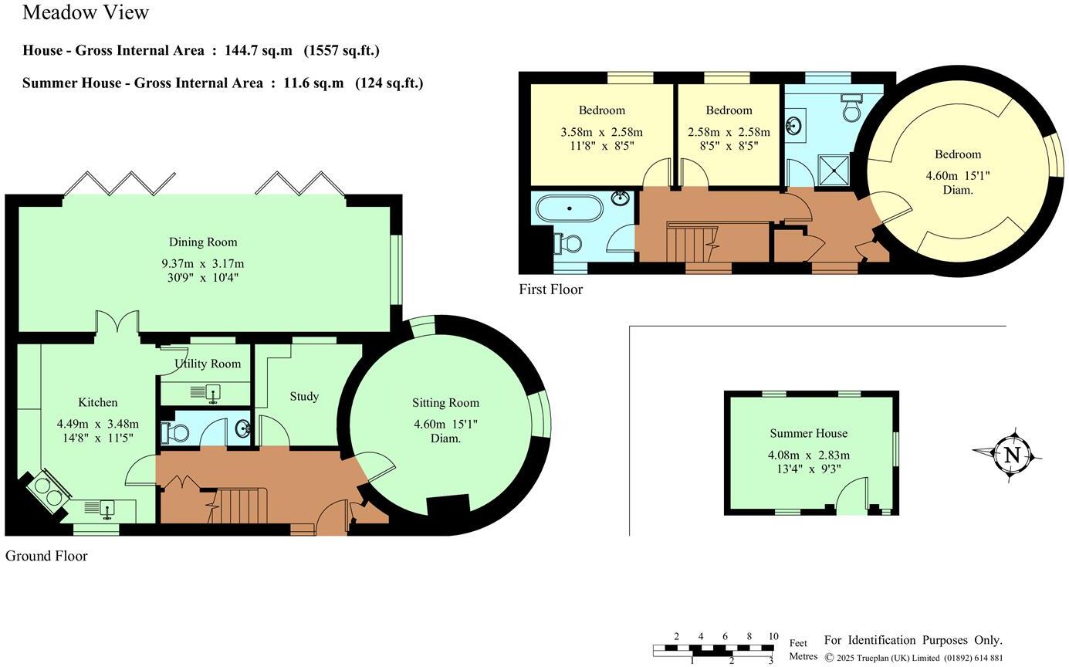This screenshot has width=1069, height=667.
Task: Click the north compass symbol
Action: coord(1012,455)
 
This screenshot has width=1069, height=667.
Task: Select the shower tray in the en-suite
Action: coord(833,169)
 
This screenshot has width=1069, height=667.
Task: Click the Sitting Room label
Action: coord(445,402)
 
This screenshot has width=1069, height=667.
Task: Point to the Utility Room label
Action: coord(207,364)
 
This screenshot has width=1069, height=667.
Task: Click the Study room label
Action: coord(304,396)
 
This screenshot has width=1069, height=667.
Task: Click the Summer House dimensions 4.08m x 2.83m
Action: coord(808,455)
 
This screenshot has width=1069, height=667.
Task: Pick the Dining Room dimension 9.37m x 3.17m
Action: coord(202,264)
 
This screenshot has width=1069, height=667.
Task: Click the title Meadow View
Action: coord(86,12)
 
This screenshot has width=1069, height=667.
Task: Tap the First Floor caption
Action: coord(550,289)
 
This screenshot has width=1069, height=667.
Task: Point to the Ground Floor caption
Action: coord(46,556)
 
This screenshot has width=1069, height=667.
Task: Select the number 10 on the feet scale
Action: coord(773,637)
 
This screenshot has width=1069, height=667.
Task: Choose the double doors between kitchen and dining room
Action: coord(117,323)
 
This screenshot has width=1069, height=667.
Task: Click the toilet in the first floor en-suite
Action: coord(851,110)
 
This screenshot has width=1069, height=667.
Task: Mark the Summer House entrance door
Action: coord(852,496)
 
